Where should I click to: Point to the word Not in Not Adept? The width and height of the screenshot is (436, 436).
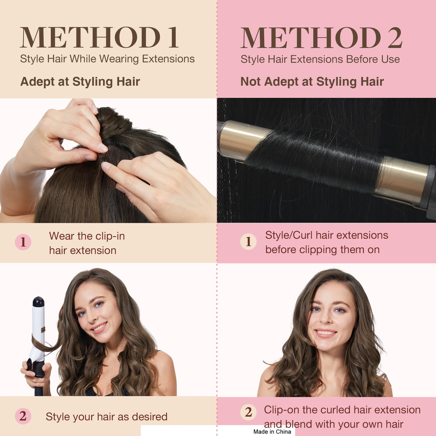[x=250, y=81]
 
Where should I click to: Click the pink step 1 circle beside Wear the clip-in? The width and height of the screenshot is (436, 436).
[x=23, y=242]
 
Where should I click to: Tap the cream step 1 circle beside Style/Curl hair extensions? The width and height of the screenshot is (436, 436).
[x=249, y=242]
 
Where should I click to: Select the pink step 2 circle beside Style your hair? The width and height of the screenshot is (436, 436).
[x=23, y=416]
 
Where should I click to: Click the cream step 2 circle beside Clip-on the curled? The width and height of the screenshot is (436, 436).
[x=249, y=412]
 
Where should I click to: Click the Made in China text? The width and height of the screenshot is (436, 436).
[x=272, y=432]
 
